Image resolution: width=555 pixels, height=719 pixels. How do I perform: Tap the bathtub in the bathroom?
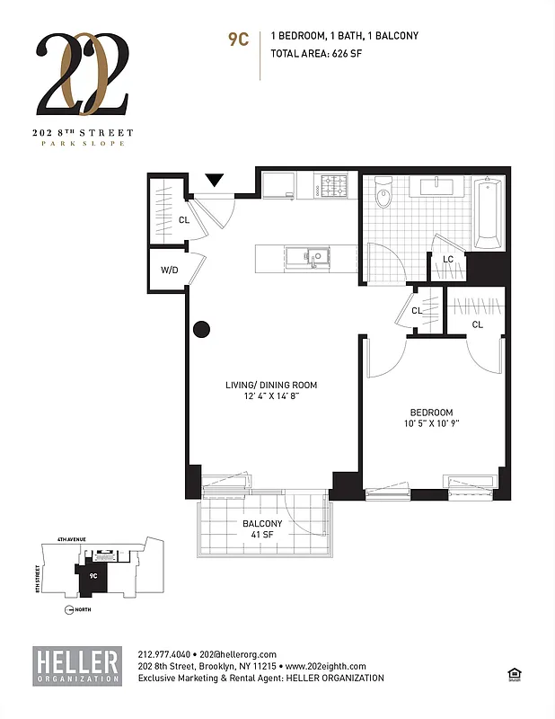489,212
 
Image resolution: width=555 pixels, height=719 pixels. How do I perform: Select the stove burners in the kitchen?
336,186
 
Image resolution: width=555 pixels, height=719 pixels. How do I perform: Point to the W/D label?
169,270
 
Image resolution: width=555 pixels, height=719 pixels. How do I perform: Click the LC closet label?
448,259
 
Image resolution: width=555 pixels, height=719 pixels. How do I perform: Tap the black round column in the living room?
201,329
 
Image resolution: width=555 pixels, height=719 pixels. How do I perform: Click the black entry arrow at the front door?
215,182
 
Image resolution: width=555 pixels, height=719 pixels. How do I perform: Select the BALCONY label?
262,524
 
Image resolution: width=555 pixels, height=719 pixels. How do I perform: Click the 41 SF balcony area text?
262,537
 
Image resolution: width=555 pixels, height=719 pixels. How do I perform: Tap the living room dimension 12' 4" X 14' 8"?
271,397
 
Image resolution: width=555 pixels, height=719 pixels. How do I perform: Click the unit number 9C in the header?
238,39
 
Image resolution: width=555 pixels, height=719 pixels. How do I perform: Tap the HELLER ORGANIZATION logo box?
77,665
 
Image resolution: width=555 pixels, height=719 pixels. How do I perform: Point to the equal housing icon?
515,674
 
